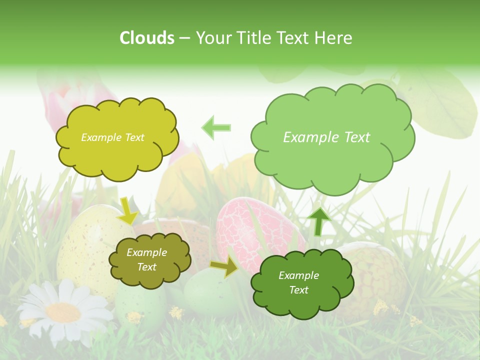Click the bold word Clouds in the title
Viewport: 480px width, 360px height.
click(x=147, y=38)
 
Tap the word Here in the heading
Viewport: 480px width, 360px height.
click(x=334, y=38)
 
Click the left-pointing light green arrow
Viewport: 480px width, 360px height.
click(x=216, y=127)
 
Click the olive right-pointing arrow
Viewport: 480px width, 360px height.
click(x=224, y=267)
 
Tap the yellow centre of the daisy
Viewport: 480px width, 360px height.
click(x=63, y=312)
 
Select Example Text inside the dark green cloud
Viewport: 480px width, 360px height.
click(x=298, y=282)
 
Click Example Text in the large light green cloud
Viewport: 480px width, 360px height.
click(x=326, y=137)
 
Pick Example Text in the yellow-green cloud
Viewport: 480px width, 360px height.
click(x=112, y=137)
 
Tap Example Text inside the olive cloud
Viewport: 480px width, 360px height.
click(x=146, y=260)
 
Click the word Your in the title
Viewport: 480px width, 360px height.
click(x=211, y=38)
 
